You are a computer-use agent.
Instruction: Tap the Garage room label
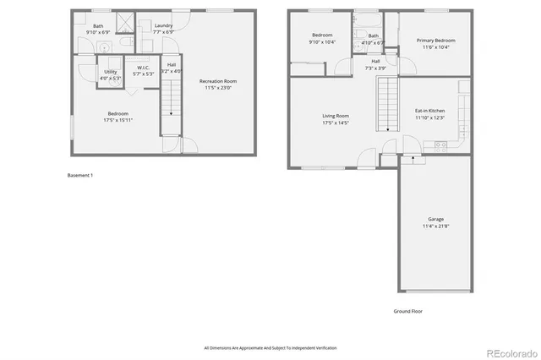[434, 219]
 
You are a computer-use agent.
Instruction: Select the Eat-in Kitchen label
[430, 111]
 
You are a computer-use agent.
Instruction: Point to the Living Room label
[335, 116]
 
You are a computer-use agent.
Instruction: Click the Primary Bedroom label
[435, 41]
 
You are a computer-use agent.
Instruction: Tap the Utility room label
[111, 72]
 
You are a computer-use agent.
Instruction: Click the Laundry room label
[163, 25]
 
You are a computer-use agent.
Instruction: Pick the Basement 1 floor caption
[80, 175]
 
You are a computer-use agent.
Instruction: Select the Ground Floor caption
[407, 311]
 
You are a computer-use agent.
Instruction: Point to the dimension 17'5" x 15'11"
[117, 119]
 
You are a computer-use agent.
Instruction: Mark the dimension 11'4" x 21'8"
[434, 226]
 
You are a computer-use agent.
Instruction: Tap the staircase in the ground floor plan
[388, 102]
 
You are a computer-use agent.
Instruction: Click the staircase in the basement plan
[172, 93]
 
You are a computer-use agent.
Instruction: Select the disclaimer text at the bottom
[270, 347]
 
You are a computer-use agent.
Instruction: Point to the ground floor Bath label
[373, 35]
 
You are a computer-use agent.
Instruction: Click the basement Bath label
[99, 25]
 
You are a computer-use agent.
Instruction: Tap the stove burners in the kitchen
[440, 145]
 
